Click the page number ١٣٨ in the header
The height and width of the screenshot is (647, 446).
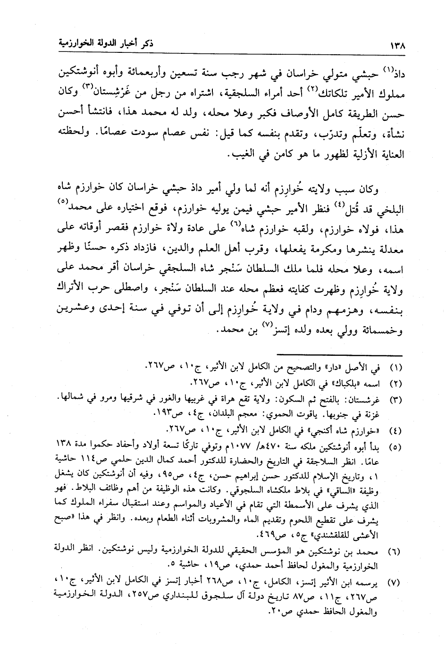[x=399, y=46]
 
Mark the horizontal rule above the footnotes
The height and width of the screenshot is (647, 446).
[x=339, y=355]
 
